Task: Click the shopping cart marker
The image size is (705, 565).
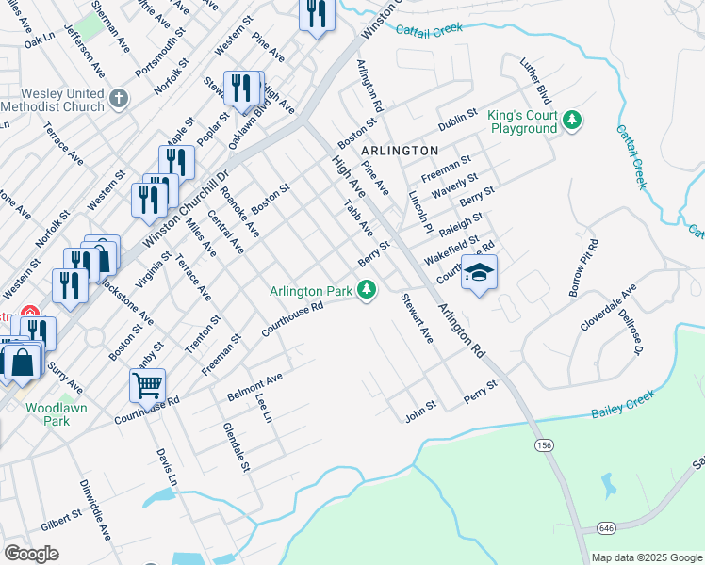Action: (147, 384)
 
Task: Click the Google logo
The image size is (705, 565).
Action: (31, 554)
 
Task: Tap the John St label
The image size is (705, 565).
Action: (420, 408)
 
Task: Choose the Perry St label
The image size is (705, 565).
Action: (480, 393)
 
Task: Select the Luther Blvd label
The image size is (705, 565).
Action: (535, 80)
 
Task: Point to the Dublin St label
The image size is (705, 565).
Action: (459, 125)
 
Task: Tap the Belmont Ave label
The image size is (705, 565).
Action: (254, 387)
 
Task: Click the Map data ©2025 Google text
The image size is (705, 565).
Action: (647, 557)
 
